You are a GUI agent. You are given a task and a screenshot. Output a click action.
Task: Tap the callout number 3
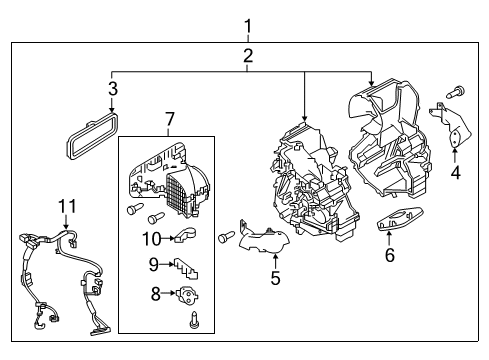point(112,91)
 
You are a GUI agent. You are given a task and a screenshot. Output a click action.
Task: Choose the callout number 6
point(389,256)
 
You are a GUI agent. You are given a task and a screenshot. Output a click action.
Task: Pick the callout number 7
point(168,121)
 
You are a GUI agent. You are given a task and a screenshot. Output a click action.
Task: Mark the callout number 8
point(154,294)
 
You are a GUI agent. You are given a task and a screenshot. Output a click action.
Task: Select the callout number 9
point(154,265)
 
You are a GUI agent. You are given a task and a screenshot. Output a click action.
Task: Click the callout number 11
point(66,206)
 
